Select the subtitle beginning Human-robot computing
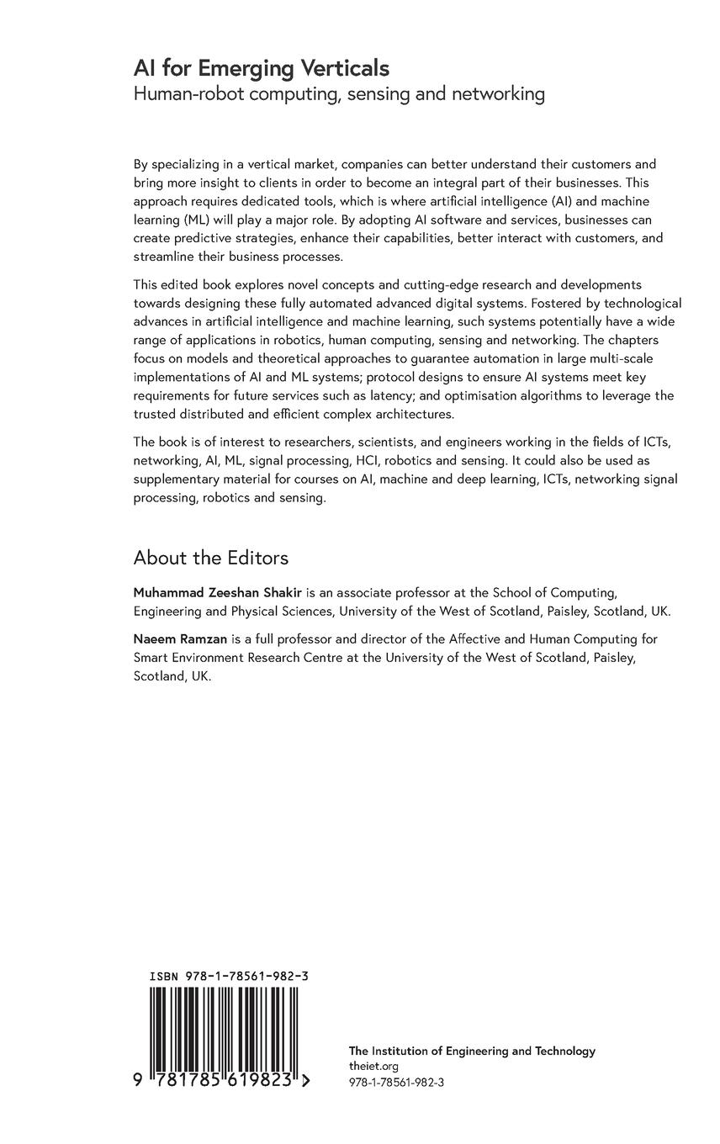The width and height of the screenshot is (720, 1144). [339, 94]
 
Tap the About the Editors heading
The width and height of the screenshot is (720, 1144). [210, 558]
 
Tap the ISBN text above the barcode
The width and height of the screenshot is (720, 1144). [228, 977]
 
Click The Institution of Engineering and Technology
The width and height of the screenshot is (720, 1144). [472, 1051]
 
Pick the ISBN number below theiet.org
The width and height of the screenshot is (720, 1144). [396, 1083]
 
